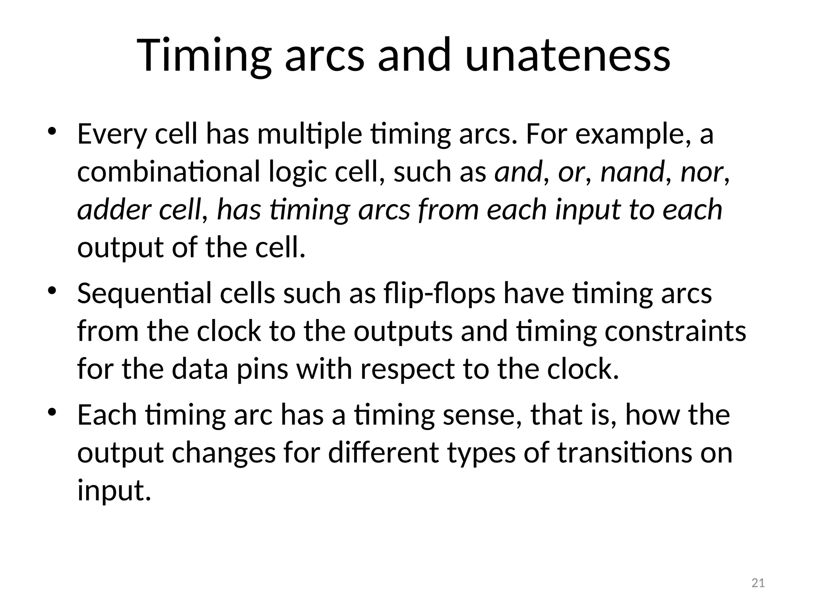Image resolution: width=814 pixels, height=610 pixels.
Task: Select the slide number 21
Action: point(758,583)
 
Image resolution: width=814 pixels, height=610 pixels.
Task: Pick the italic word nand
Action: point(632,172)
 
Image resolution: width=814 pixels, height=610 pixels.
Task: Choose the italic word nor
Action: point(702,172)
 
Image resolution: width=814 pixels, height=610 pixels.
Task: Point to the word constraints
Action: point(675,331)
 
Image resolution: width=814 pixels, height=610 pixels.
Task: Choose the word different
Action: point(384,453)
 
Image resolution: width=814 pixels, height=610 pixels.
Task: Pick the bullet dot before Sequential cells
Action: point(52,291)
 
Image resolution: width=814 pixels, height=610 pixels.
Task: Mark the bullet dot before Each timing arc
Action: point(52,412)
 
